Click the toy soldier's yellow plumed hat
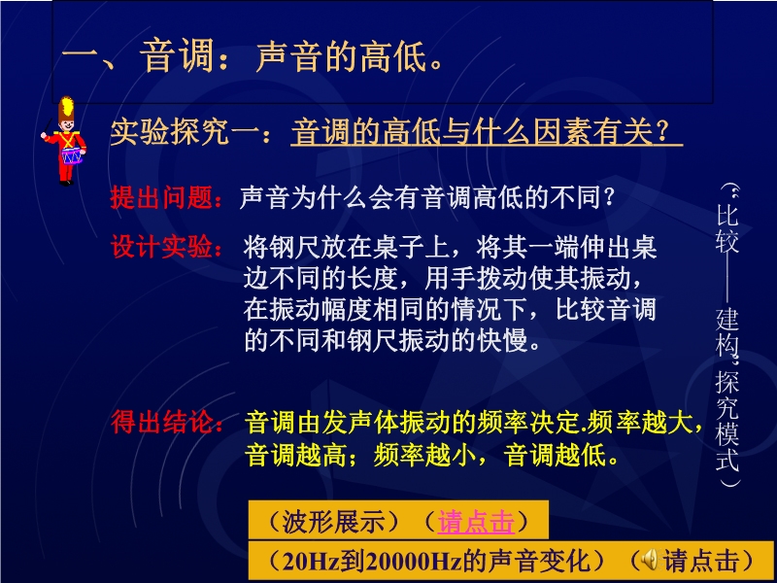pos(66,110)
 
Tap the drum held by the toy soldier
pos(72,155)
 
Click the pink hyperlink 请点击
pos(476,522)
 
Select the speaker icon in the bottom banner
pos(650,561)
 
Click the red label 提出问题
pos(161,198)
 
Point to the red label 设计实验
pos(161,247)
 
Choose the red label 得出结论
pos(161,423)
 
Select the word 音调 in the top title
pos(177,56)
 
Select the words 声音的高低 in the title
pos(342,56)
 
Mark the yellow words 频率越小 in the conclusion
pos(424,455)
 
